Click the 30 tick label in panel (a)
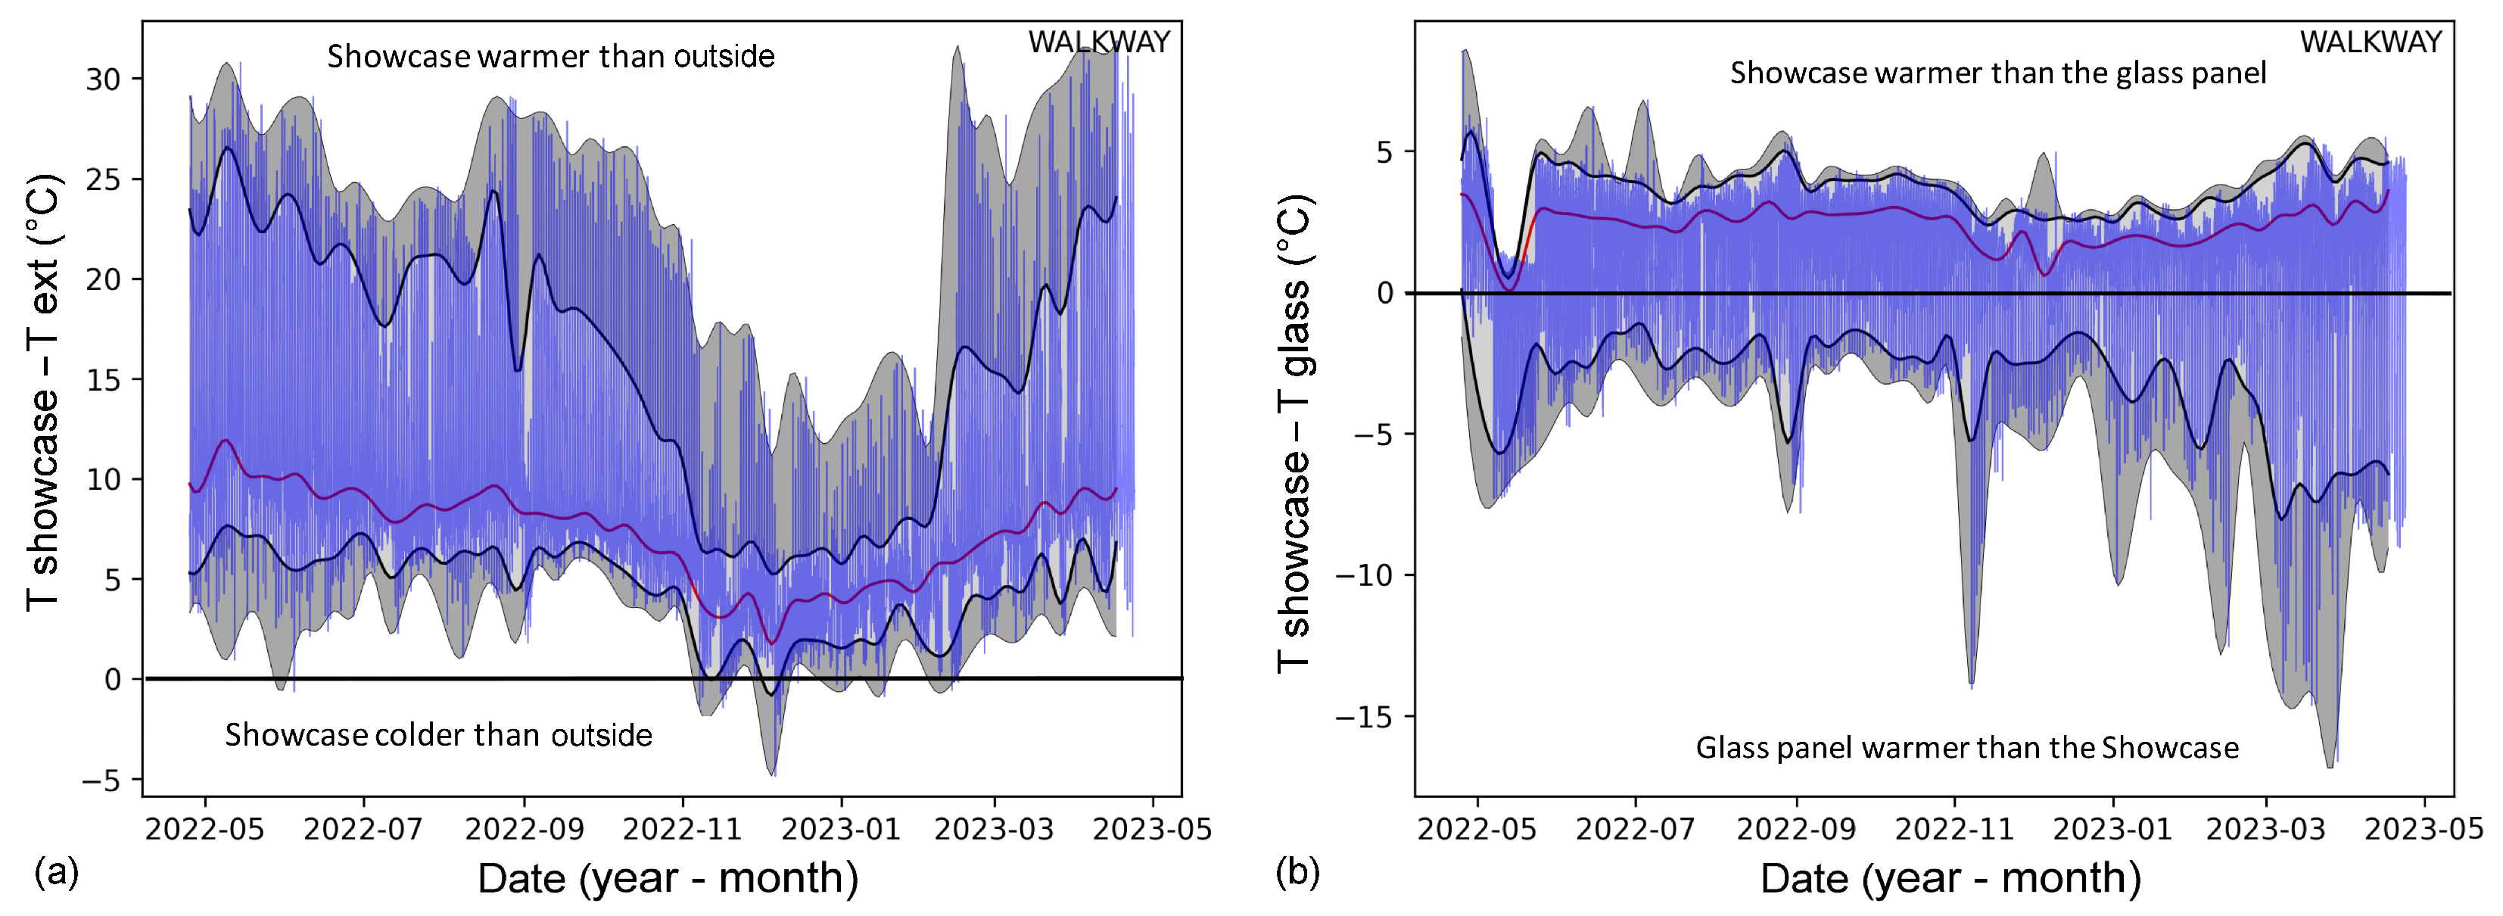[102, 79]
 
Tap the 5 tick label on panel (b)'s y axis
[1384, 152]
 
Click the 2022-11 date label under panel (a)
[682, 829]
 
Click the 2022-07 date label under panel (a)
[363, 829]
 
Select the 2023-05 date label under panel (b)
[2424, 829]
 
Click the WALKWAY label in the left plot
[1099, 42]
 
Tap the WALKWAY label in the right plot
[2370, 42]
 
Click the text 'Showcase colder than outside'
[438, 735]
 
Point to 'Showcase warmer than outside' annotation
[550, 56]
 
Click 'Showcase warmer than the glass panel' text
[1997, 73]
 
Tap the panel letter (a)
[55, 872]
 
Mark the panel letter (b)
[1297, 872]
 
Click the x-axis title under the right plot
[1950, 878]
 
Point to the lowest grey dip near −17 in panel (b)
[2330, 765]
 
